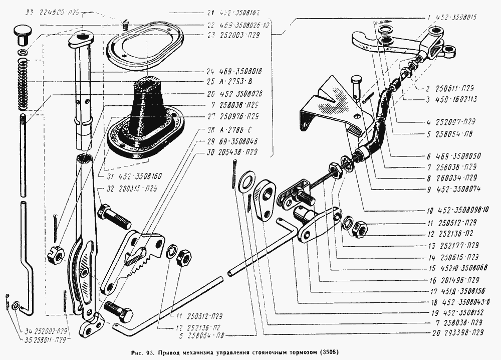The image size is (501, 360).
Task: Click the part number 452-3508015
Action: tap(459, 17)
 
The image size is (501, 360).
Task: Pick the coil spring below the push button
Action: tap(22, 83)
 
